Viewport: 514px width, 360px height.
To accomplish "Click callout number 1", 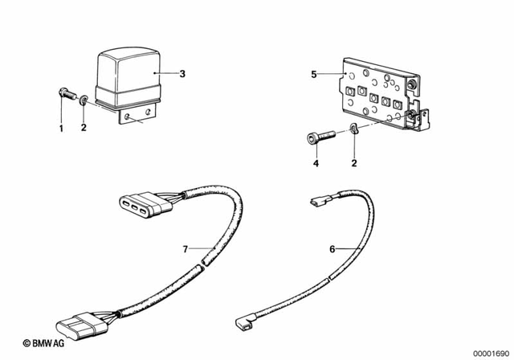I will [x=60, y=128].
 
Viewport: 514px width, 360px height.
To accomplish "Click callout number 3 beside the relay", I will [x=182, y=74].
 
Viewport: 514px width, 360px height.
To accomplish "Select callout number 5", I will [x=314, y=74].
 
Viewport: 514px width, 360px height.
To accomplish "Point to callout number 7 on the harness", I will [x=186, y=250].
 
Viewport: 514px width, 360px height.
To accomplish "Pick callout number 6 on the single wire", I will [x=332, y=249].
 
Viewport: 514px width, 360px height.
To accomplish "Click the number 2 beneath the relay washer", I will [x=84, y=128].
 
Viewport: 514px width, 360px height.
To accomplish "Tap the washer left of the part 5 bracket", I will [x=354, y=132].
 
